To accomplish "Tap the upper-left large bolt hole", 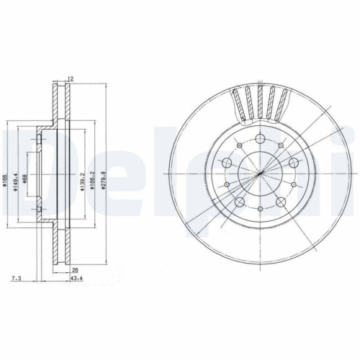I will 225,156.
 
